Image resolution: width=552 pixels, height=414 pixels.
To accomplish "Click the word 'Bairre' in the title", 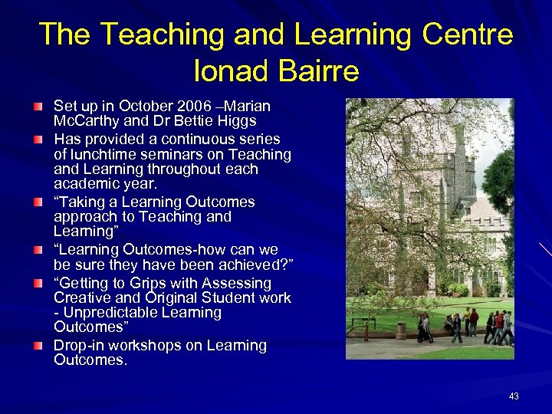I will [322, 71].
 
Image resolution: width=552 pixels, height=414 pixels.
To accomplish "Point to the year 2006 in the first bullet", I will [193, 106].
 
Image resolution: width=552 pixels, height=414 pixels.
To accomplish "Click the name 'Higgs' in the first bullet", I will [235, 121].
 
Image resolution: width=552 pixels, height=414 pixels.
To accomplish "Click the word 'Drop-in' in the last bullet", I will [78, 346].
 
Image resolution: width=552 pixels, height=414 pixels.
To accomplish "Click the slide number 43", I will [514, 396].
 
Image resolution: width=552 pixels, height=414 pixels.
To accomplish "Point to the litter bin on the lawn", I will [401, 330].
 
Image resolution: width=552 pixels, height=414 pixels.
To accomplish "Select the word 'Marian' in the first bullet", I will [246, 106].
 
